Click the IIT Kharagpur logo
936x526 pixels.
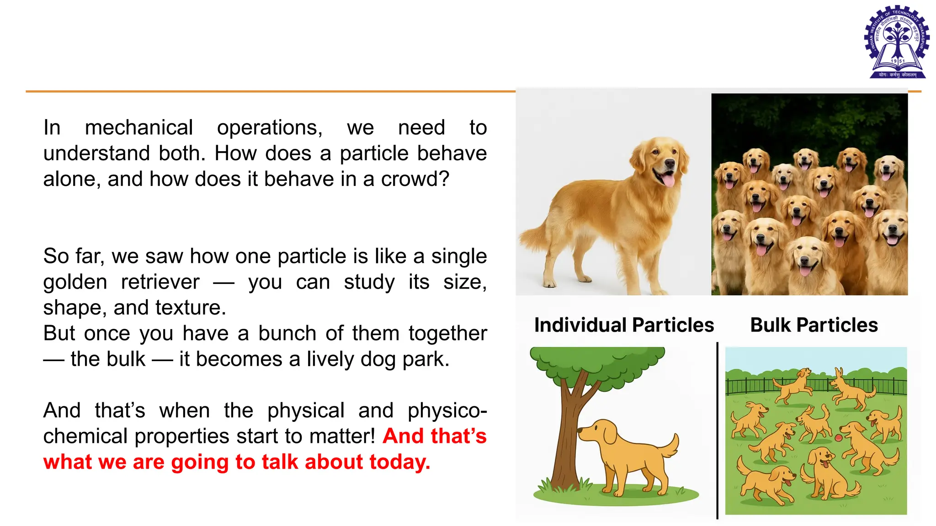tap(897, 42)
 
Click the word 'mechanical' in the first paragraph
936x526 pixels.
tap(139, 127)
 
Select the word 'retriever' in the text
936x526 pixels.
tap(160, 282)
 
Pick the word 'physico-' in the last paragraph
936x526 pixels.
tap(447, 410)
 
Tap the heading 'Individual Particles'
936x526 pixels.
tap(624, 325)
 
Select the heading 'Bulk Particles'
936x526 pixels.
tap(814, 325)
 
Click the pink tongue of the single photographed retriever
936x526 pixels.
tap(669, 181)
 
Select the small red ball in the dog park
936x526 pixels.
tap(838, 438)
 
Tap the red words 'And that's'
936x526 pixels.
tap(434, 436)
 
